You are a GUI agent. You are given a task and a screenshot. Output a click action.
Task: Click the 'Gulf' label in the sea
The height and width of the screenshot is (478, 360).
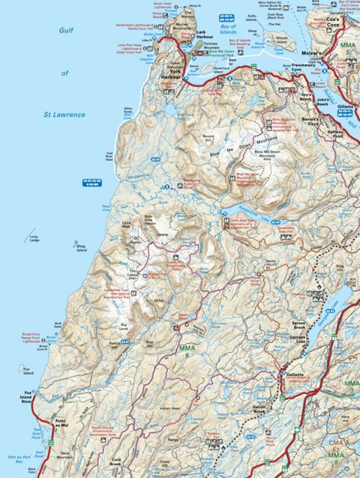tap(65, 32)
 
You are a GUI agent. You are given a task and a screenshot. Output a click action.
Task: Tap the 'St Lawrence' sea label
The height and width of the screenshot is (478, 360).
tap(60, 114)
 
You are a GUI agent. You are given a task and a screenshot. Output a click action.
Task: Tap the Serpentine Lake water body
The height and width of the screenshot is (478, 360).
tap(247, 215)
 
